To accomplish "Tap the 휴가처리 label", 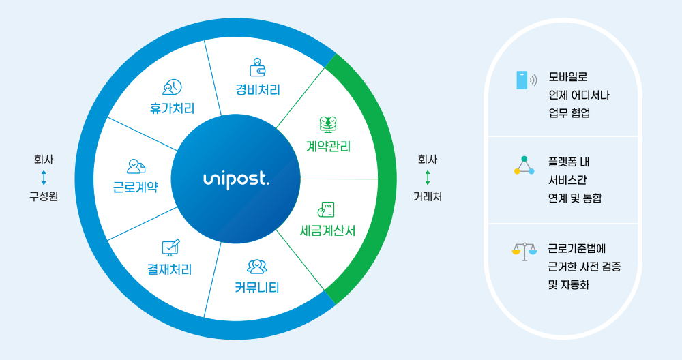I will (172, 108).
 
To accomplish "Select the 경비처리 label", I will (258, 89).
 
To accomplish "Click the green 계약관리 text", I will (328, 146).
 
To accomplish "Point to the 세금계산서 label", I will (328, 230).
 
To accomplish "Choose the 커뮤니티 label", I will (257, 287).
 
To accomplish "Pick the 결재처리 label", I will (170, 269).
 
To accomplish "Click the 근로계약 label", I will (135, 187).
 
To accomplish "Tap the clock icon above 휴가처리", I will (172, 87).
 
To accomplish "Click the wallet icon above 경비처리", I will (258, 67).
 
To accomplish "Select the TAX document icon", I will (327, 209).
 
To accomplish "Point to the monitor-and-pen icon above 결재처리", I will (170, 247).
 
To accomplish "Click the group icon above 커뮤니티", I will (257, 266).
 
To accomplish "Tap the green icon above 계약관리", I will (328, 124).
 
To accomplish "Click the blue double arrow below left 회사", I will (44, 178).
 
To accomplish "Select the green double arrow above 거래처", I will (428, 178).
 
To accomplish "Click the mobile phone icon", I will (522, 80).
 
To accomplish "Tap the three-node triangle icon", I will (524, 166).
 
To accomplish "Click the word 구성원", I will (44, 196).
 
